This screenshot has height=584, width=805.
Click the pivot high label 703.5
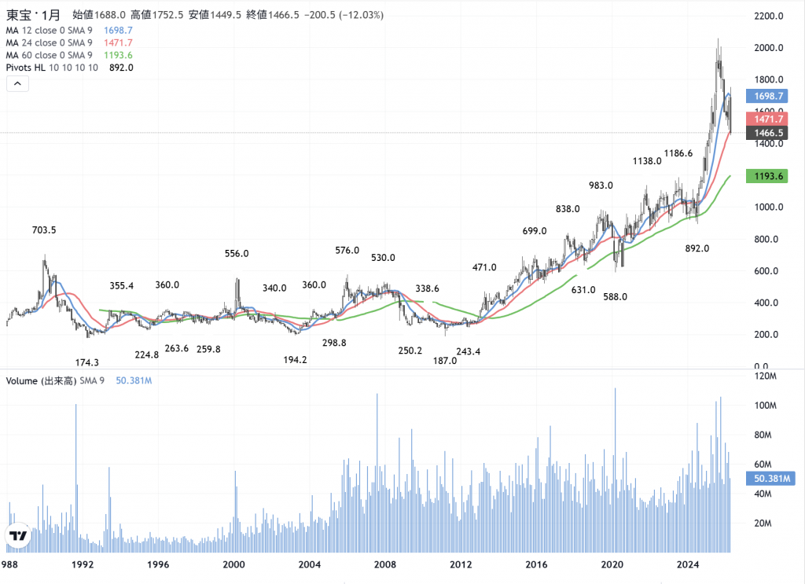pos(45,230)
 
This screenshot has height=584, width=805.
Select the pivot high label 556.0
pos(237,254)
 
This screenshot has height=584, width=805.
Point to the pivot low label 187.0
pos(444,361)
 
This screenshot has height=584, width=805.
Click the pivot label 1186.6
pos(678,153)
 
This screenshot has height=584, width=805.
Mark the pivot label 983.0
pos(601,185)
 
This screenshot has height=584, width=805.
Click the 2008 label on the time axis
pos(384,564)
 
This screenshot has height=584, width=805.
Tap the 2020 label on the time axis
pos(612,564)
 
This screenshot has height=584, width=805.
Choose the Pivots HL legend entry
pos(51,68)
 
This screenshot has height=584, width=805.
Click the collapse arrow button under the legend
pos(17,85)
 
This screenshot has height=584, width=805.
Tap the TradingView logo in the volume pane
pos(17,536)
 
